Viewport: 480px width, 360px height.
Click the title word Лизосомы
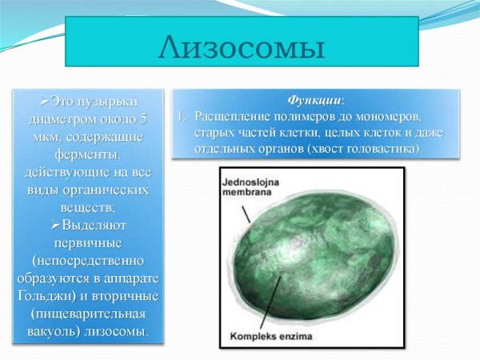[242, 47]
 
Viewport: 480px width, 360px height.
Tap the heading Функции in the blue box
[315, 101]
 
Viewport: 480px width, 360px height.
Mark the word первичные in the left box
[88, 243]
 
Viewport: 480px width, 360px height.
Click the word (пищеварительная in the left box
[88, 313]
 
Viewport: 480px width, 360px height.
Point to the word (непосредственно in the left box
[88, 261]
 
